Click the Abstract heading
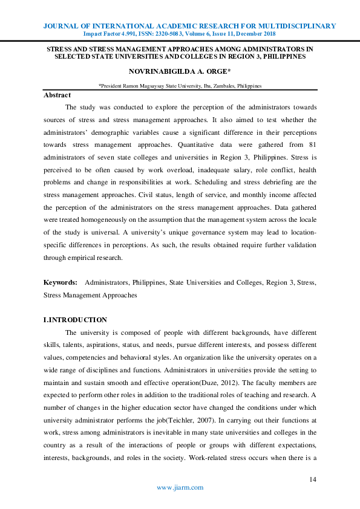coord(57,95)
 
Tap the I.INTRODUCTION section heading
coord(75,320)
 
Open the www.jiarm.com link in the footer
coord(180,487)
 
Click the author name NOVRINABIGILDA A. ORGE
coord(180,72)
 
